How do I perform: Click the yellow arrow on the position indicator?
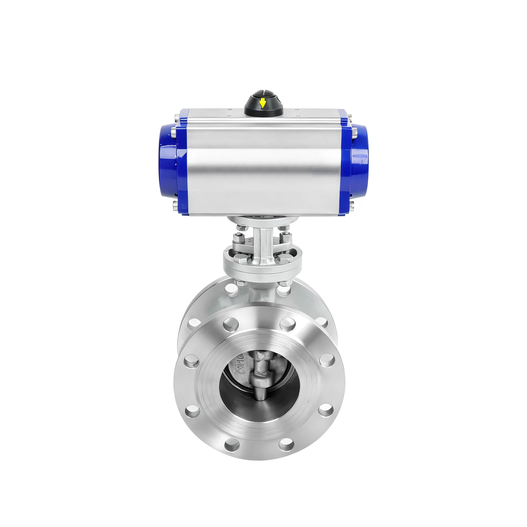point(262,103)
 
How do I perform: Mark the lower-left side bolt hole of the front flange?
point(192,410)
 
